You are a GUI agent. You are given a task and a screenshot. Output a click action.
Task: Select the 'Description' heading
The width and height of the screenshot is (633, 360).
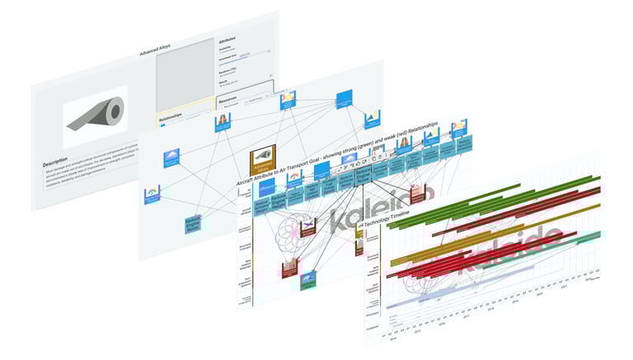[x=55, y=163]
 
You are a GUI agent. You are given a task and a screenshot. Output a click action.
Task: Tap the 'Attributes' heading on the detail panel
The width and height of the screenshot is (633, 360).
[x=229, y=40]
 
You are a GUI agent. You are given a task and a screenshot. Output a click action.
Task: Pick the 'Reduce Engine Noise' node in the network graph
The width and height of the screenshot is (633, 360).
[x=194, y=225]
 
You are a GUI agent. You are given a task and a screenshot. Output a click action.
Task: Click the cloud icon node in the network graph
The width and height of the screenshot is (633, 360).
[x=171, y=157]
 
